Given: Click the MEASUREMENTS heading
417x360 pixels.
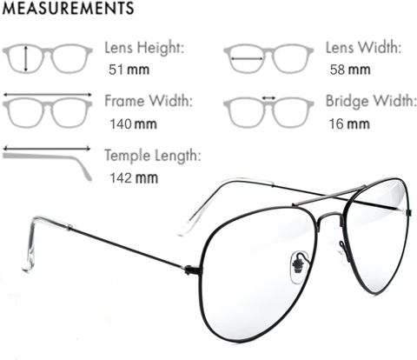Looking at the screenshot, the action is tap(68, 9).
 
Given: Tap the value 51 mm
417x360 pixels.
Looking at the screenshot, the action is tap(129, 70).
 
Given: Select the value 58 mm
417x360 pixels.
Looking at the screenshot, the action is tap(350, 70).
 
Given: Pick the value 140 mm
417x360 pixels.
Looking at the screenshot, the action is tap(134, 124).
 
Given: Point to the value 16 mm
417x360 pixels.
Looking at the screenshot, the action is tap(349, 124).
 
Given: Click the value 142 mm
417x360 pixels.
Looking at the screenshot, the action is tap(134, 177).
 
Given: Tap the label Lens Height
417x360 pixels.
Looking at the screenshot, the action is tap(144, 48).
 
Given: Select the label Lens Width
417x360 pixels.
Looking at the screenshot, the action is tap(364, 48).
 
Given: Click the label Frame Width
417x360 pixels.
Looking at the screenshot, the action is tap(149, 101).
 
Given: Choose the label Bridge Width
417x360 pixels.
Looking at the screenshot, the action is tap(371, 102).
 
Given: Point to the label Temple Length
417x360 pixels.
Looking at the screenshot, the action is tap(153, 156).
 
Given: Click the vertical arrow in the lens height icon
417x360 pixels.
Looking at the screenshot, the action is tap(26, 58).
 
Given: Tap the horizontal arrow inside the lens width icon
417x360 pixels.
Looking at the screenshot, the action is tap(247, 59).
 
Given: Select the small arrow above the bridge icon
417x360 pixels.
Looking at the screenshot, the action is tap(268, 98).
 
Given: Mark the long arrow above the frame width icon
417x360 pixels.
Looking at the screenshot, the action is tap(47, 95).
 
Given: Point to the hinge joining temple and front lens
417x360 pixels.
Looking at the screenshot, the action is tap(192, 270).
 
